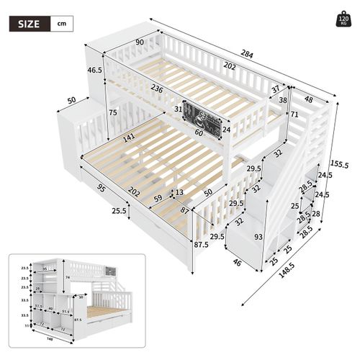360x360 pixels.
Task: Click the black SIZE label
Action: click(x=30, y=23)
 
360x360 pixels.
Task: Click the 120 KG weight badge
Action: click(x=344, y=19)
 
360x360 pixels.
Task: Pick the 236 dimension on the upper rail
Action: click(x=160, y=88)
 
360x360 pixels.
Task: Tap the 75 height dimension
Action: click(x=113, y=112)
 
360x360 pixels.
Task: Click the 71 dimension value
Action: click(x=294, y=114)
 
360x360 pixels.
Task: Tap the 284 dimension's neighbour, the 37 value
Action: click(x=276, y=89)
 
